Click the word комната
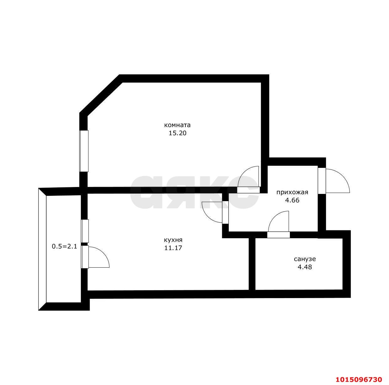(x=177, y=125)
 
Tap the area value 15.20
(x=177, y=133)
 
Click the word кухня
(x=173, y=240)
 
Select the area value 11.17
(x=173, y=248)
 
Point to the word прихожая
(x=292, y=192)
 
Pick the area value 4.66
(x=292, y=200)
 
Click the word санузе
(x=305, y=259)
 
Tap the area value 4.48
(x=305, y=267)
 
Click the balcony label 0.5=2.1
(x=65, y=246)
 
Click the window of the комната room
(x=84, y=151)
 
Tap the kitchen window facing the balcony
(x=85, y=231)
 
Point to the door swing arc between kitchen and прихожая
(x=206, y=217)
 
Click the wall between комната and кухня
(x=162, y=190)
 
